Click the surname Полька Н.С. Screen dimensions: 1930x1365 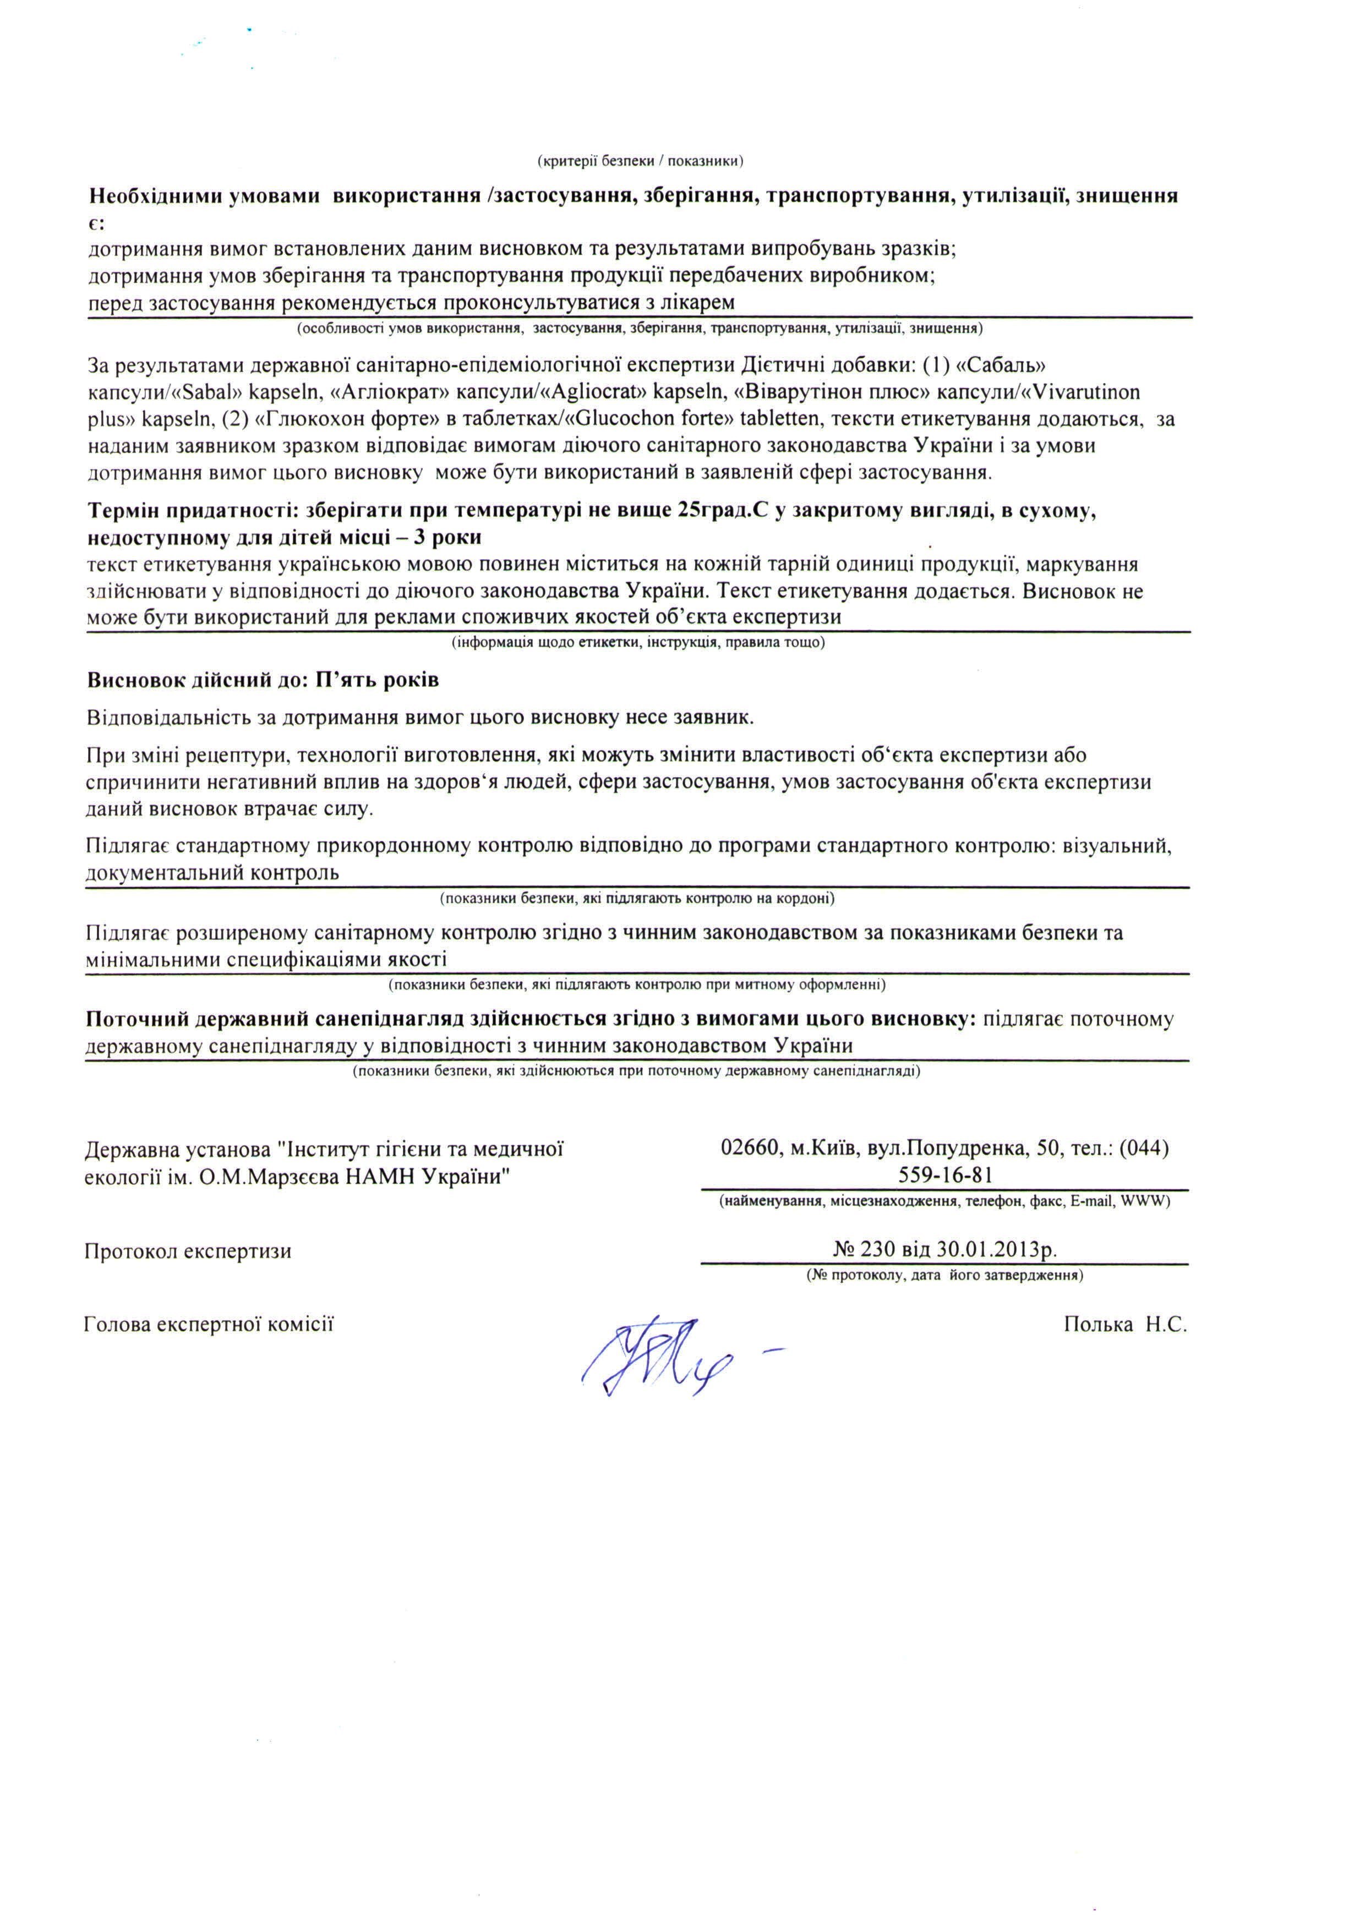coord(1124,1325)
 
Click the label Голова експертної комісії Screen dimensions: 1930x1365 coord(209,1325)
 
